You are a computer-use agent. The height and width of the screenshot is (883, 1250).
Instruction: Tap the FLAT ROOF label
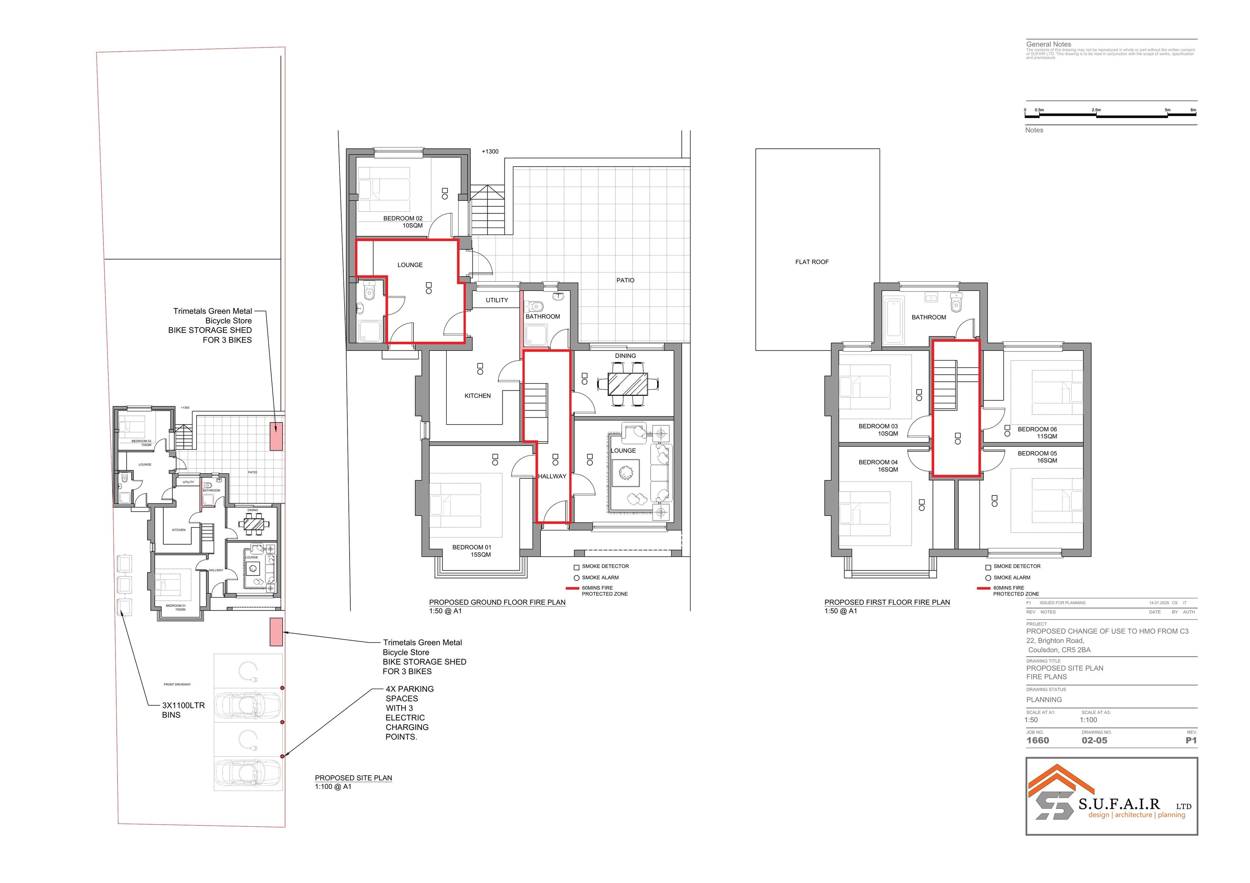[x=812, y=262]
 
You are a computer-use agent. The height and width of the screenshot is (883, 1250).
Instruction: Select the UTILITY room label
[x=497, y=300]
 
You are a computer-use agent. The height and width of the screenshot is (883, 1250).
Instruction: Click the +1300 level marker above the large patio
[x=490, y=151]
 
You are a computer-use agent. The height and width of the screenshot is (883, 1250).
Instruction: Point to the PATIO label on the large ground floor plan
[x=625, y=280]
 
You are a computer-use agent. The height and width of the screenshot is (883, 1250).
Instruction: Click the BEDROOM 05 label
[x=1037, y=457]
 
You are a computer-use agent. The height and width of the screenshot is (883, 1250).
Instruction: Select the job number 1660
[x=1037, y=740]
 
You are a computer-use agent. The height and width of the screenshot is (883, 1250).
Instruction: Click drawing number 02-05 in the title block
[x=1094, y=740]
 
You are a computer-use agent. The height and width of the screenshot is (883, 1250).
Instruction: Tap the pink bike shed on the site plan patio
[x=277, y=436]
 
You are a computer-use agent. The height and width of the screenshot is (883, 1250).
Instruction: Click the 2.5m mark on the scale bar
[x=1096, y=110]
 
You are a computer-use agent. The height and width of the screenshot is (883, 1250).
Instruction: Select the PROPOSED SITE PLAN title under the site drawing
[x=353, y=778]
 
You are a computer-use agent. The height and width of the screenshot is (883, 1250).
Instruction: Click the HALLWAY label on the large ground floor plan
[x=552, y=476]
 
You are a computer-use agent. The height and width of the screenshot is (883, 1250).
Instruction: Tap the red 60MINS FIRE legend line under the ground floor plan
[x=572, y=588]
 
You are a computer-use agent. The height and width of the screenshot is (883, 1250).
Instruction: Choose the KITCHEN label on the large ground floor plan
[x=477, y=396]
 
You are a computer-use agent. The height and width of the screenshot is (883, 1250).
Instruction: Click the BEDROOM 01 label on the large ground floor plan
[x=472, y=551]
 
